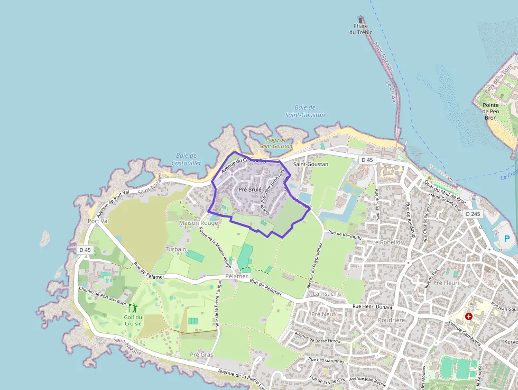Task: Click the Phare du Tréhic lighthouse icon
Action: (x=361, y=19)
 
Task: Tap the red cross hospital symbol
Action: (x=468, y=316)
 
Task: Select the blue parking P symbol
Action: (x=507, y=239)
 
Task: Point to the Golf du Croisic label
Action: (x=133, y=321)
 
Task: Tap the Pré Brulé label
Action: (x=251, y=189)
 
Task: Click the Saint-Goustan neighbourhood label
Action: (x=311, y=164)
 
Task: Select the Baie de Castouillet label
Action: (x=184, y=159)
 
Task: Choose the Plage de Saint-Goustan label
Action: (x=275, y=143)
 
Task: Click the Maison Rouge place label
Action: (x=198, y=223)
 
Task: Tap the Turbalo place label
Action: (x=175, y=249)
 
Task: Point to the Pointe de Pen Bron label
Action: (x=491, y=111)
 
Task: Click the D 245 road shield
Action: (x=473, y=214)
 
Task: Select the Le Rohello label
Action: (x=386, y=242)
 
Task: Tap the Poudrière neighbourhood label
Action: (x=392, y=320)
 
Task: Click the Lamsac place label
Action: (x=323, y=293)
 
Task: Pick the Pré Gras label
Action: (x=201, y=355)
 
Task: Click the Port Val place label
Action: (x=98, y=221)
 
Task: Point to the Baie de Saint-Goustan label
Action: (x=304, y=111)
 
